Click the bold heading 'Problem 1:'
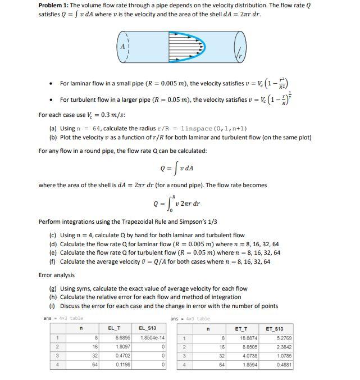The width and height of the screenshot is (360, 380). point(53,5)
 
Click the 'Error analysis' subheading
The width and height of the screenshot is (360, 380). point(56,275)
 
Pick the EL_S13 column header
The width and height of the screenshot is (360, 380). point(147,327)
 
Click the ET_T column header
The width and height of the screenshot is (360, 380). point(246,327)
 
